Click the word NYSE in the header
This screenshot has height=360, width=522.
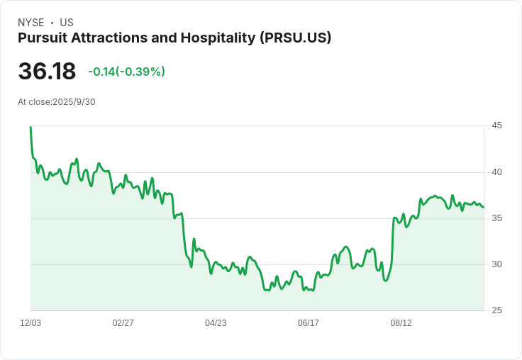[x=30, y=23]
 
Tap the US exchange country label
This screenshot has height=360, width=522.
[x=67, y=23]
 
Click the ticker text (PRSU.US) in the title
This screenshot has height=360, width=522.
[x=296, y=38]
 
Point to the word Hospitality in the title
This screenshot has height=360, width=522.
[x=217, y=38]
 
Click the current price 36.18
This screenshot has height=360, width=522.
[x=47, y=72]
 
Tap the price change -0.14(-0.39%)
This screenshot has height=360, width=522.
[x=126, y=72]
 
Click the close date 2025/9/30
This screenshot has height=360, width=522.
[x=74, y=102]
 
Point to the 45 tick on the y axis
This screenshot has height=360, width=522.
[x=496, y=125]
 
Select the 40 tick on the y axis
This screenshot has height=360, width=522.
[x=496, y=172]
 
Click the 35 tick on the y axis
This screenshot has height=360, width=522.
[x=496, y=218]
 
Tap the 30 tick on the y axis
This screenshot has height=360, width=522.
[x=496, y=264]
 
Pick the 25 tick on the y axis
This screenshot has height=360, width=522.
[x=496, y=310]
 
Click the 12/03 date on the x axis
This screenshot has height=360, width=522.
[x=30, y=323]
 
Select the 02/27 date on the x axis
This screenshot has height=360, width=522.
[x=123, y=323]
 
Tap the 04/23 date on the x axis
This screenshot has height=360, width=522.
[x=216, y=323]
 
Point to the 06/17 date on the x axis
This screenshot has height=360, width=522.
[x=309, y=323]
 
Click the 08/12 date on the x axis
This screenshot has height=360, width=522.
[x=401, y=323]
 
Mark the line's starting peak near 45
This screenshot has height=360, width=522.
[x=30, y=128]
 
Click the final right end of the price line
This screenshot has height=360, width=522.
[x=484, y=207]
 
